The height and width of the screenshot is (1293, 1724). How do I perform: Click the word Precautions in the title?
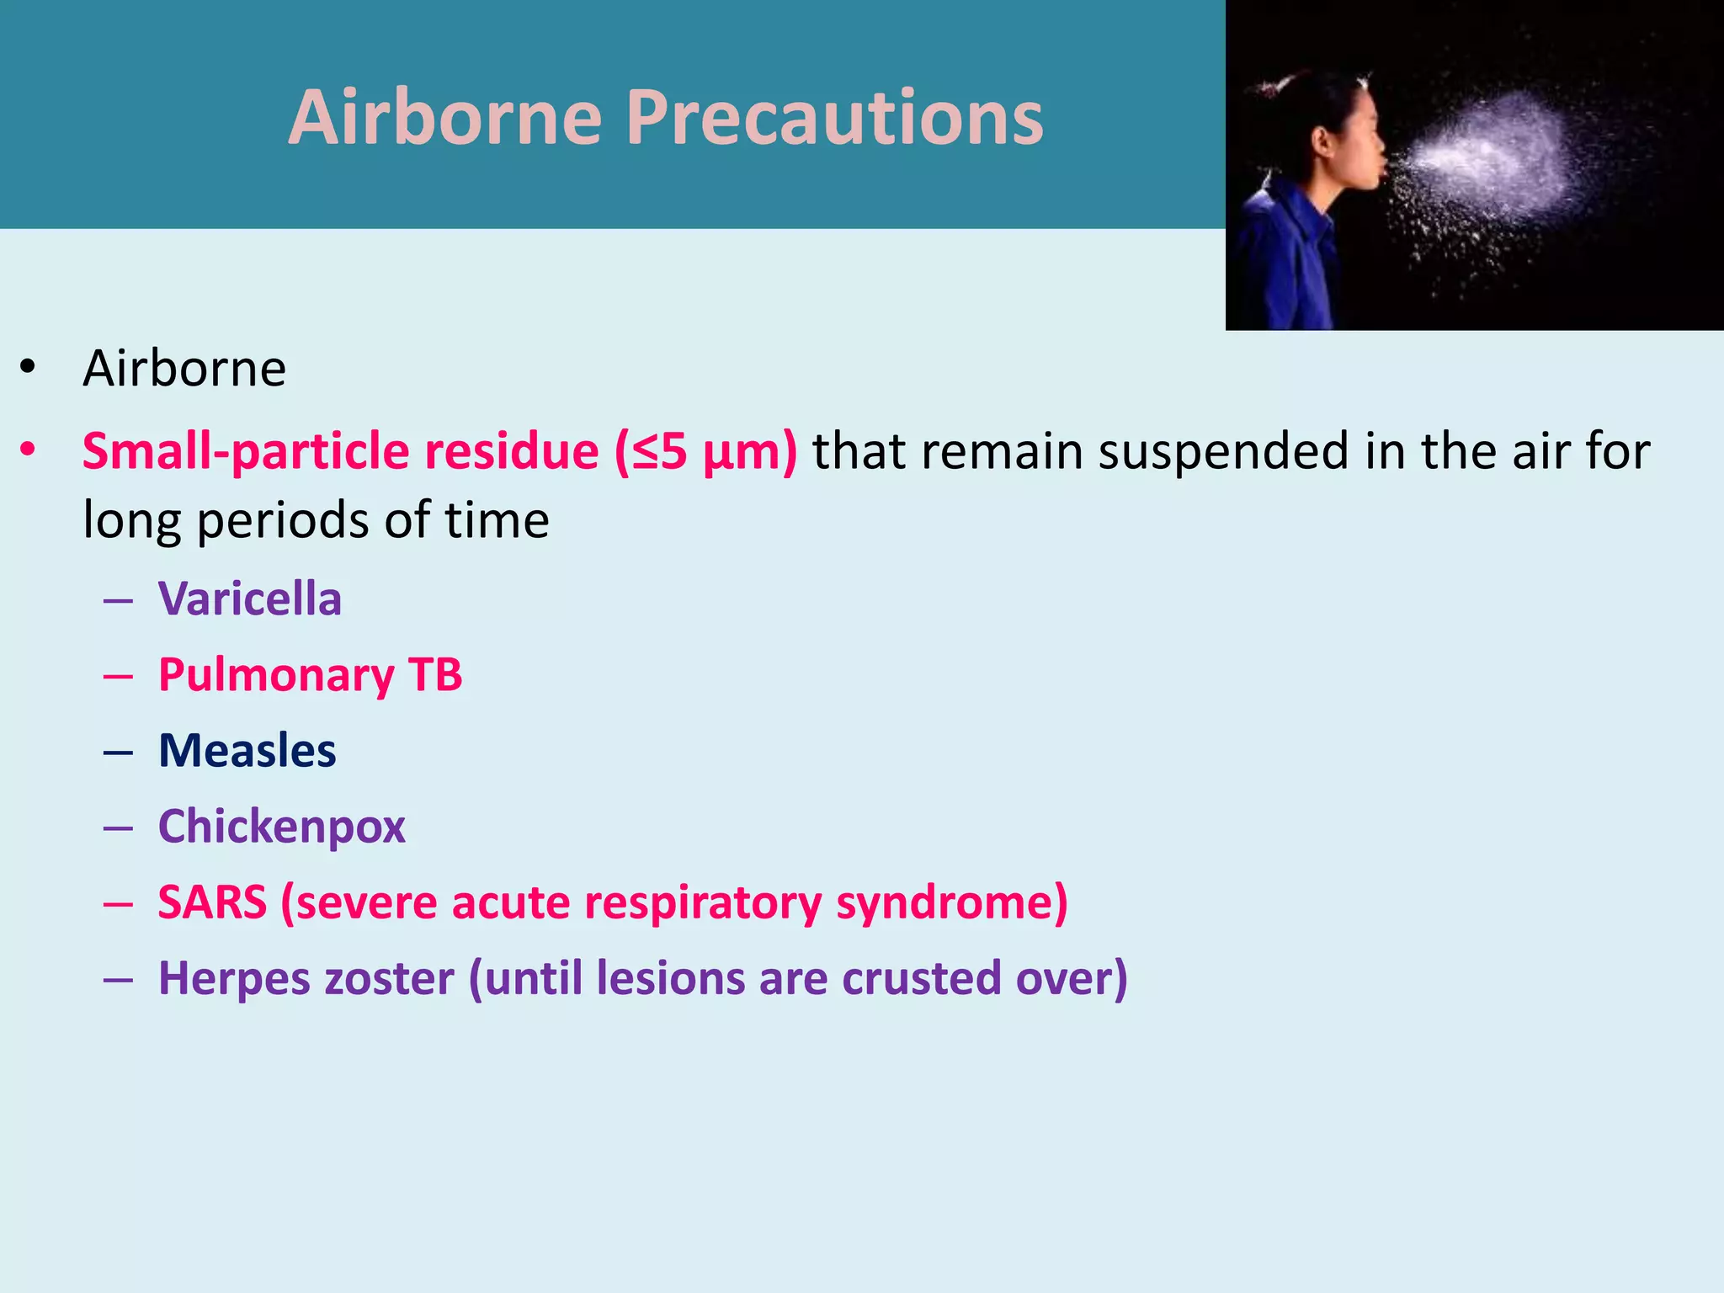tap(833, 118)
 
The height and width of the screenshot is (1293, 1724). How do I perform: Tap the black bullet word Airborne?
tap(184, 369)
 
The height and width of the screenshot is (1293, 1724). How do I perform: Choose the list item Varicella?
tap(250, 599)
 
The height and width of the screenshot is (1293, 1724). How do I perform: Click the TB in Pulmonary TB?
tap(435, 675)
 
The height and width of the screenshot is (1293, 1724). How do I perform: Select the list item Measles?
tap(247, 751)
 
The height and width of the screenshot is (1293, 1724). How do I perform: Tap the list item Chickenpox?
tap(282, 827)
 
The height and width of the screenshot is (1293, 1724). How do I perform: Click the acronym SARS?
tap(212, 902)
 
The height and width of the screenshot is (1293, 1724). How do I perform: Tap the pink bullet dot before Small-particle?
tap(29, 451)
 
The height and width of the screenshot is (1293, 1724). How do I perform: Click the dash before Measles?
tap(119, 752)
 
